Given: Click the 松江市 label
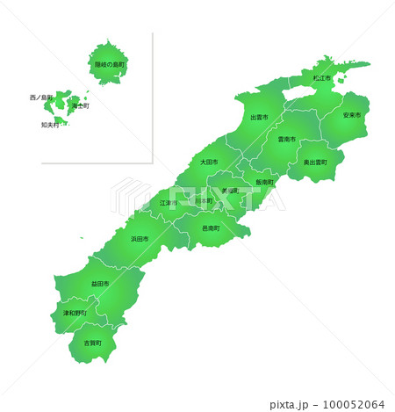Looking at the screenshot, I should pyautogui.click(x=321, y=78).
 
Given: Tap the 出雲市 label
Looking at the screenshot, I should pyautogui.click(x=259, y=117).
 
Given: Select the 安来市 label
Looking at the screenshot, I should pyautogui.click(x=351, y=115).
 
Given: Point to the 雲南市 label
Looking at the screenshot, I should pyautogui.click(x=286, y=139).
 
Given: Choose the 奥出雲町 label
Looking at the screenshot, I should pyautogui.click(x=315, y=163).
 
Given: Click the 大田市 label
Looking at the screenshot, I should pyautogui.click(x=208, y=162).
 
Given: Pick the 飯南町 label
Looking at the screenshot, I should pyautogui.click(x=265, y=182).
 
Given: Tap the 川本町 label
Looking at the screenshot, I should pyautogui.click(x=204, y=201).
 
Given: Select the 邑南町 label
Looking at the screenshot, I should pyautogui.click(x=211, y=228).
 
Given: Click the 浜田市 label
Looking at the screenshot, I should pyautogui.click(x=140, y=239).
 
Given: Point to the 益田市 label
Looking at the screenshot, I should pyautogui.click(x=99, y=284).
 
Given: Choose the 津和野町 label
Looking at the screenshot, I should pyautogui.click(x=75, y=313).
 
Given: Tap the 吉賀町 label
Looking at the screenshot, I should pyautogui.click(x=92, y=343).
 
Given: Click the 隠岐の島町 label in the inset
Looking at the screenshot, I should pyautogui.click(x=111, y=64).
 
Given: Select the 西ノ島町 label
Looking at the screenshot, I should pyautogui.click(x=41, y=97).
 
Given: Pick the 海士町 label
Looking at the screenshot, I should pyautogui.click(x=81, y=105).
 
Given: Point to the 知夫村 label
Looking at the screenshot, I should pyautogui.click(x=50, y=125).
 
